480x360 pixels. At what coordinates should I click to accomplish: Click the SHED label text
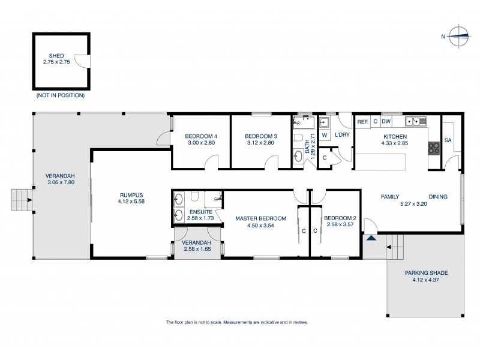coord(57,56)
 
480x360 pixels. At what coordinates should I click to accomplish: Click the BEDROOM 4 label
coord(201,136)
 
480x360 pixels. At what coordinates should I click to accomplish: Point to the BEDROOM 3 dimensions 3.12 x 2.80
coord(260,143)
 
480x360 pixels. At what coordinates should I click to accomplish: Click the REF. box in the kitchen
coord(362,122)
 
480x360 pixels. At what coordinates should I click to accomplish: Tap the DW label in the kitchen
coord(386,122)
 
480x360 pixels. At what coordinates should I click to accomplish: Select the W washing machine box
coord(324,136)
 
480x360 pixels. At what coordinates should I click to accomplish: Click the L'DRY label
coord(342,136)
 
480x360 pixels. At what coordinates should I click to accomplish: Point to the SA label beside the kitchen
coord(448,140)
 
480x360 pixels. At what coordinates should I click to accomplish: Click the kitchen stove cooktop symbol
coord(433,148)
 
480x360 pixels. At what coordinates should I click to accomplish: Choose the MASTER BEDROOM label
coord(260,218)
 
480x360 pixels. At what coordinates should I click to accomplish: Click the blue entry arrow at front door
coord(371,238)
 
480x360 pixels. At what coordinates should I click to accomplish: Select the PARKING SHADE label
coord(426,272)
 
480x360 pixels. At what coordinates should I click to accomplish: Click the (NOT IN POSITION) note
coord(60,95)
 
